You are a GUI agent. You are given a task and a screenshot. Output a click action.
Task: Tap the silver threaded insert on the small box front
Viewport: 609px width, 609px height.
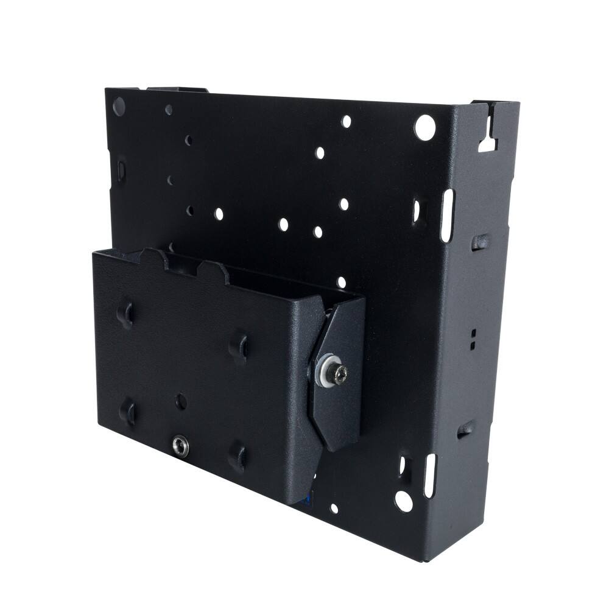click(x=180, y=444)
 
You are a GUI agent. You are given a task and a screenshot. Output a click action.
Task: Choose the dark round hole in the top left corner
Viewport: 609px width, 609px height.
click(x=119, y=107)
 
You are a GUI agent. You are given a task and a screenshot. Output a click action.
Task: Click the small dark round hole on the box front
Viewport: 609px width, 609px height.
click(x=181, y=401)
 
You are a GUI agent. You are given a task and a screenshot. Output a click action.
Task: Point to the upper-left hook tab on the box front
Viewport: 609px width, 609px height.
click(x=127, y=314)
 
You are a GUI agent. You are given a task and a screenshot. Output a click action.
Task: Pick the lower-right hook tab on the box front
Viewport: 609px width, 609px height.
click(x=238, y=457)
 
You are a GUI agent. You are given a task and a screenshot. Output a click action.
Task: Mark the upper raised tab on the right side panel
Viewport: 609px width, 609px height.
click(x=479, y=242)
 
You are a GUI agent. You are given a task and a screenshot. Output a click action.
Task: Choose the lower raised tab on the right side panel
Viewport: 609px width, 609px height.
click(x=466, y=429)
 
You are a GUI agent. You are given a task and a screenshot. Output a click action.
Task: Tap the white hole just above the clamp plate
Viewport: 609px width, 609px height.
click(x=342, y=282)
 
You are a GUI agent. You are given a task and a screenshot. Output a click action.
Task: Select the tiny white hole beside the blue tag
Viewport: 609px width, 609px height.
click(x=334, y=507)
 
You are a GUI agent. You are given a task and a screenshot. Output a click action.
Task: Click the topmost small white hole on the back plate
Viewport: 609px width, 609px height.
click(x=346, y=121)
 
